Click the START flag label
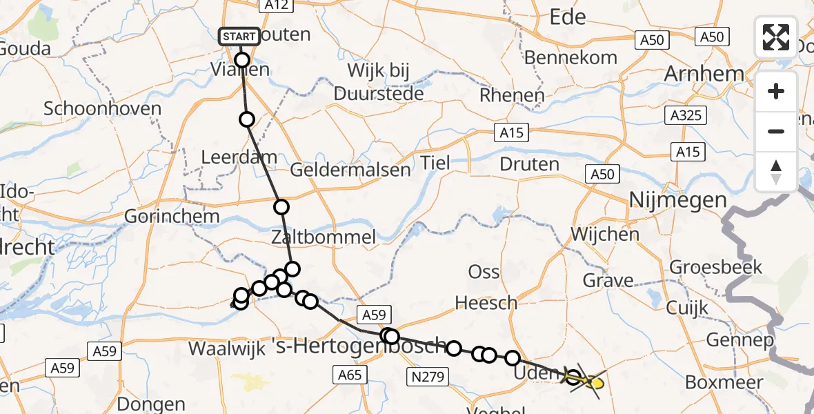[239, 37]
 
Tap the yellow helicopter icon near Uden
[588, 380]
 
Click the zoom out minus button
[776, 131]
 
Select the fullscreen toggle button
[776, 37]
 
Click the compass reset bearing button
[776, 171]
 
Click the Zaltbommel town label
[324, 238]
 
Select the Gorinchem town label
[172, 216]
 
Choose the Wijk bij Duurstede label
[379, 81]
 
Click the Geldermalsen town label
[350, 170]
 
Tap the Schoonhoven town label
[102, 108]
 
